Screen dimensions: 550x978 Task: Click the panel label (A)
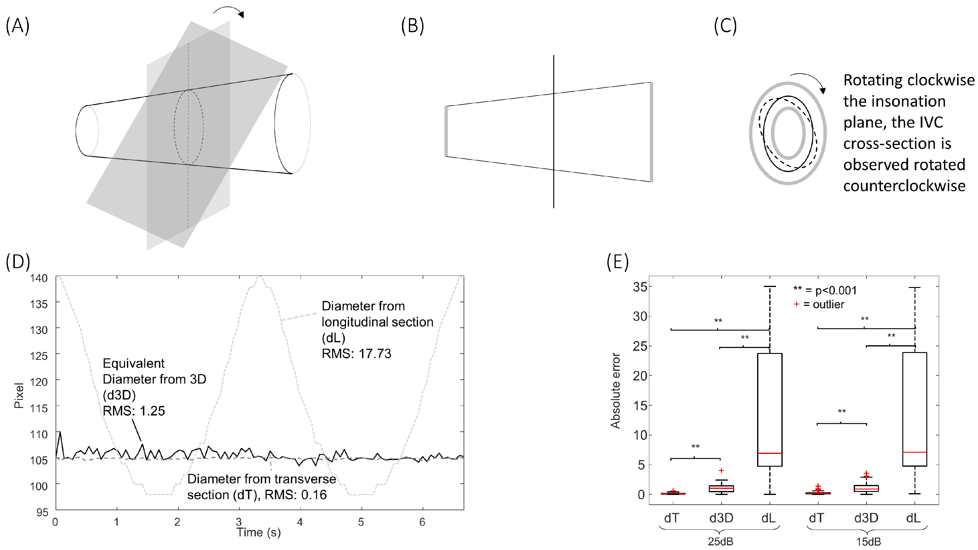[17, 26]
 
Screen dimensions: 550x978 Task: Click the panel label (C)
[725, 26]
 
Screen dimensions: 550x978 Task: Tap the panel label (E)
[618, 262]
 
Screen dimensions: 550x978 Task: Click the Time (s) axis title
[259, 533]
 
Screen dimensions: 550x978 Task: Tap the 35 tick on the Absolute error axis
[640, 287]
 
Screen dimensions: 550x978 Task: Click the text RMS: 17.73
[356, 354]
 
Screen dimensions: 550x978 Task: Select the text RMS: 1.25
[134, 411]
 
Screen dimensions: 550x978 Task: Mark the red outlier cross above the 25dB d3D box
[721, 471]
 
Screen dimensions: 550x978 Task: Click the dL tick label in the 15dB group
[914, 518]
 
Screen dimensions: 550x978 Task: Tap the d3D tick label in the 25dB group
[721, 518]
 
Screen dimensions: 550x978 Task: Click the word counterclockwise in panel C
[904, 186]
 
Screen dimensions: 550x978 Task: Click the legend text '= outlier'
[823, 305]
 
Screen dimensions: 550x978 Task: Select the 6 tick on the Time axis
[422, 522]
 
